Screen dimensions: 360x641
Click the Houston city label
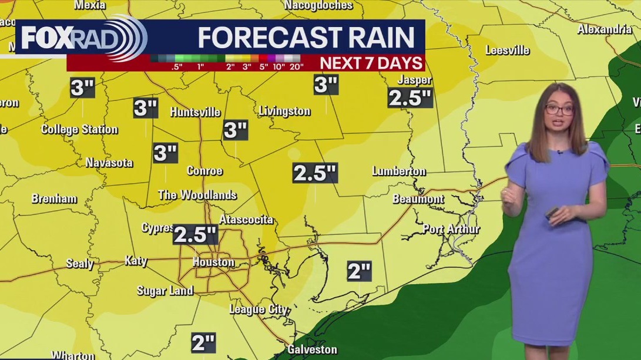pos(213,263)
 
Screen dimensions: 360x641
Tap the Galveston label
pos(312,349)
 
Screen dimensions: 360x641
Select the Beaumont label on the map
pos(418,199)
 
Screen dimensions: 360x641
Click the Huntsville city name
pos(195,112)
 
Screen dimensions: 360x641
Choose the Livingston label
pos(284,111)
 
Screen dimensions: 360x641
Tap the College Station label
pos(79,129)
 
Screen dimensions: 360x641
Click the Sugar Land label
pos(165,290)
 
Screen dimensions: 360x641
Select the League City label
pos(258,309)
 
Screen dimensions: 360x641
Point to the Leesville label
pos(508,50)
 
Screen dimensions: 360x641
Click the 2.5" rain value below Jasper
pos(410,98)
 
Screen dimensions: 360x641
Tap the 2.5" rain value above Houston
pos(196,235)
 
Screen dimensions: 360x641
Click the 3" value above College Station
pos(82,88)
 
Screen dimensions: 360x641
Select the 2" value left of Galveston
pos(203,342)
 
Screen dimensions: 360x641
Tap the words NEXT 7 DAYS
pos(371,63)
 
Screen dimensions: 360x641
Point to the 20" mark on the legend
pos(295,66)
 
